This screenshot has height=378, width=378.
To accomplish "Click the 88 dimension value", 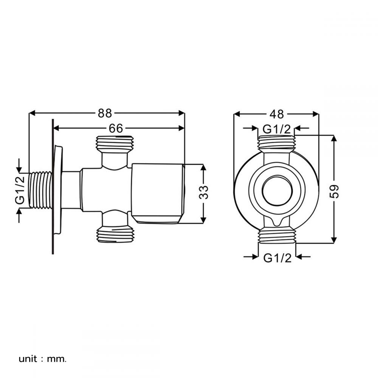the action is (x=105, y=113).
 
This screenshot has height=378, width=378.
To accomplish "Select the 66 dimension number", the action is (x=116, y=128).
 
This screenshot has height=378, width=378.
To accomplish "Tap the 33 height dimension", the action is (x=204, y=192).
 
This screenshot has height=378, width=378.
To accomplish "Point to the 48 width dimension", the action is (x=277, y=114).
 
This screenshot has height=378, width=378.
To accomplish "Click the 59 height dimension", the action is (x=335, y=191).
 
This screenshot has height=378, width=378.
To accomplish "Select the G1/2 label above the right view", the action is (x=277, y=129).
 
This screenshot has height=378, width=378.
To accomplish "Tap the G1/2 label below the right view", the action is (x=277, y=258).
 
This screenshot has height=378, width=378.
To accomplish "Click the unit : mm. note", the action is (x=42, y=359).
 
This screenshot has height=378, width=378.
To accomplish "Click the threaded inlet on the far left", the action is (x=40, y=190).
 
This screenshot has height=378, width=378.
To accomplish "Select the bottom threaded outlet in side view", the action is (x=115, y=234).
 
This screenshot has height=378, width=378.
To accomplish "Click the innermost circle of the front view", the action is (x=277, y=191).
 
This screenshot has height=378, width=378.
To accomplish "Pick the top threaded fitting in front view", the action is (x=277, y=144).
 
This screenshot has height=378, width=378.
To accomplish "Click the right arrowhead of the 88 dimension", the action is (x=181, y=113).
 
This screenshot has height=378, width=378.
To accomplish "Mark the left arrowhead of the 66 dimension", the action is (x=56, y=128).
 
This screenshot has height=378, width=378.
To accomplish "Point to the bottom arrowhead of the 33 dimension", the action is (x=203, y=220).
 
